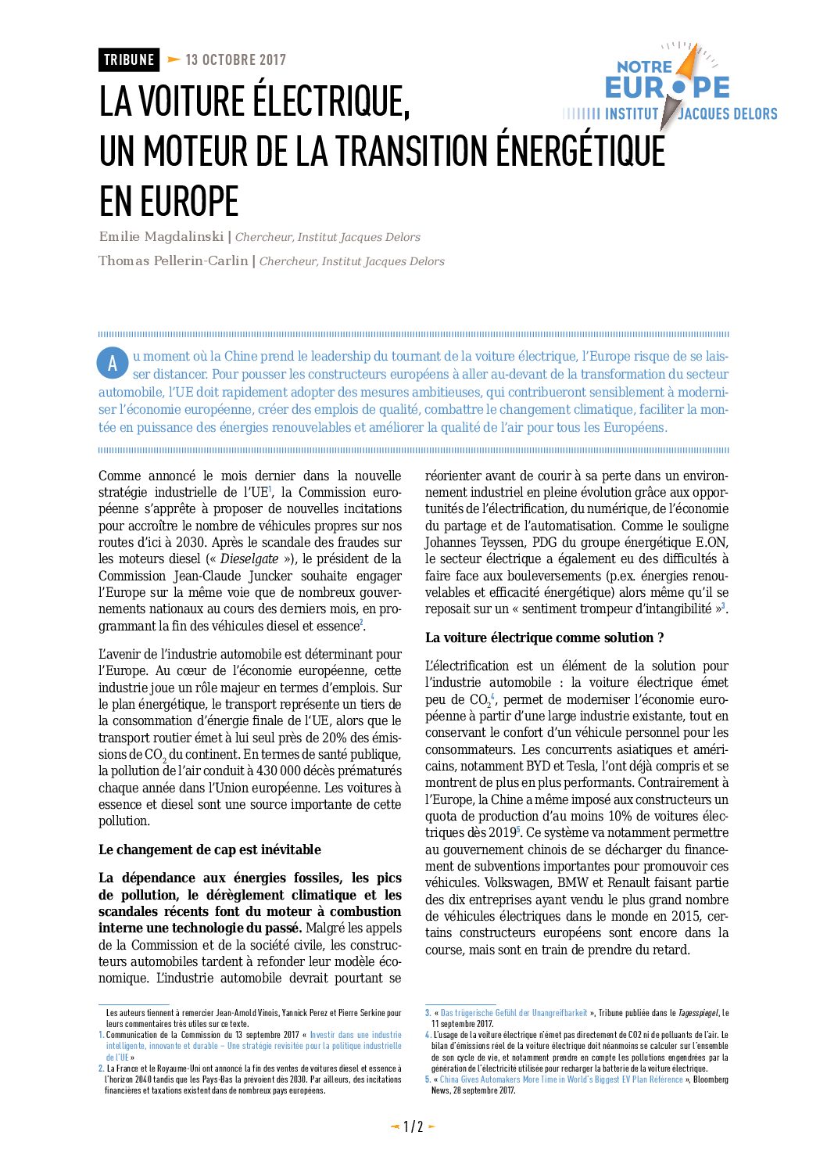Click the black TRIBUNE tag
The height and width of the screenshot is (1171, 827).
129,60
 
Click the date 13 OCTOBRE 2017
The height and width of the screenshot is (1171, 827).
235,60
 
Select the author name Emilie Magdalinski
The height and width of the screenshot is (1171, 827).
161,237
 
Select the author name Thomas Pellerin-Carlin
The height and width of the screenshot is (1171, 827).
173,261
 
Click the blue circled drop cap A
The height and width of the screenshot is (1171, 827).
113,363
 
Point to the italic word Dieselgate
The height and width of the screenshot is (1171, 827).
249,559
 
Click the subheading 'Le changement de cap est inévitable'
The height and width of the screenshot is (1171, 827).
209,850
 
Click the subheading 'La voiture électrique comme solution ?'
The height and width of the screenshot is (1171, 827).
544,638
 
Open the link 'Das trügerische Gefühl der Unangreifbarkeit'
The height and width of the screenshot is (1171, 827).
514,1013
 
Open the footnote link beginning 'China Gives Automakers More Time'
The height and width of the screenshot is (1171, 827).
561,1079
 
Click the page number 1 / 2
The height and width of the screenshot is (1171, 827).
413,1127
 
